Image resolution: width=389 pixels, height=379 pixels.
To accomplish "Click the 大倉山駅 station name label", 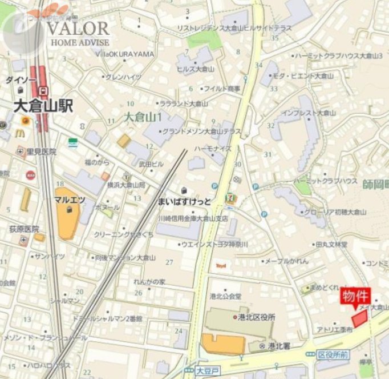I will point(43,106).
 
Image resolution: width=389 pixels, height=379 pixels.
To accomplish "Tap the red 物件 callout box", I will point(356,297).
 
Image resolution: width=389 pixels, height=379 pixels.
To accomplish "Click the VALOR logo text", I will point(78,29).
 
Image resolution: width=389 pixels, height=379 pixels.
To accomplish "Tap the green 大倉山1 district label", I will point(143,118).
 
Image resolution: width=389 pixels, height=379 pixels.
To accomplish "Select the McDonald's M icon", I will point(20,133).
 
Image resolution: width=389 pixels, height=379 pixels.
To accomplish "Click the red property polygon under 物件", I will point(359,318).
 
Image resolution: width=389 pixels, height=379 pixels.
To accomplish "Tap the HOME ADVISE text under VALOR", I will point(80,43).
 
